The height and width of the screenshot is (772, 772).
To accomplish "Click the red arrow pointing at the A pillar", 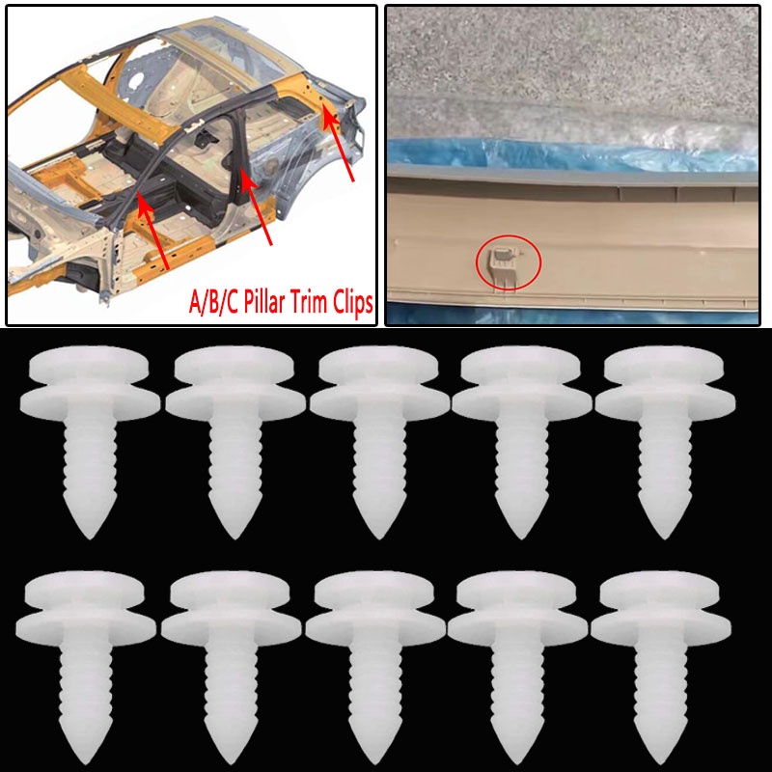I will tap(154, 232).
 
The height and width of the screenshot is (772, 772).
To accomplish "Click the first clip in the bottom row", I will tap(86, 656).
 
